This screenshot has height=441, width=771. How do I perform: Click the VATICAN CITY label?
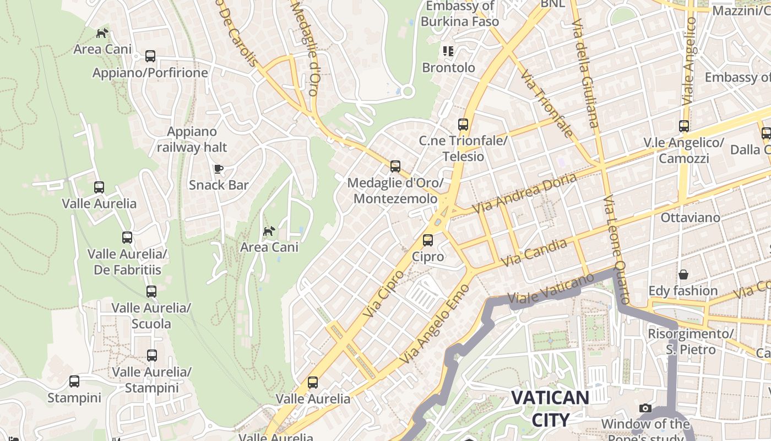[x=550, y=408]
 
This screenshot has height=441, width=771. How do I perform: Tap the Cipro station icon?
[x=428, y=240]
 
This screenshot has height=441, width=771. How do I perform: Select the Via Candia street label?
[x=534, y=253]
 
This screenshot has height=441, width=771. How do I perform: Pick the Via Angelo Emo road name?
[x=435, y=324]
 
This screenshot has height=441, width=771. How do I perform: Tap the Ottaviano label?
[x=690, y=217]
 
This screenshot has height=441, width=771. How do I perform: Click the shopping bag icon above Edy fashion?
[x=683, y=274]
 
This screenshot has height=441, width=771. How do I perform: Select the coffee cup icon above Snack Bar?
[x=219, y=169]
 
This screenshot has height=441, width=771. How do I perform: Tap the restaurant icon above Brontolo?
[x=448, y=51]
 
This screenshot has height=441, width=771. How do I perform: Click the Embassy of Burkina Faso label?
[x=460, y=14]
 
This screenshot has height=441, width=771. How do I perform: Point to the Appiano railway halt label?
[x=192, y=139]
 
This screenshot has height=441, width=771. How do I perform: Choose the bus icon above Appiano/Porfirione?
[x=150, y=56]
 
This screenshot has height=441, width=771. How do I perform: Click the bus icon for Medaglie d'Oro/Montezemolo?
[x=395, y=166]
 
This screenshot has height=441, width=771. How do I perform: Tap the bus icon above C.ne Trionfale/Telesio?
[x=463, y=125]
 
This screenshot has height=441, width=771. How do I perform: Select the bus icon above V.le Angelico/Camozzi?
[x=683, y=126]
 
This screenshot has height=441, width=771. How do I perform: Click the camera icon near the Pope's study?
[x=645, y=408]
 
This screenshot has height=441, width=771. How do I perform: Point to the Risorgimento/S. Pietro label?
[x=690, y=342]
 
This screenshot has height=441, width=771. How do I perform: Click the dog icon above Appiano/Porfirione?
[x=102, y=34]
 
